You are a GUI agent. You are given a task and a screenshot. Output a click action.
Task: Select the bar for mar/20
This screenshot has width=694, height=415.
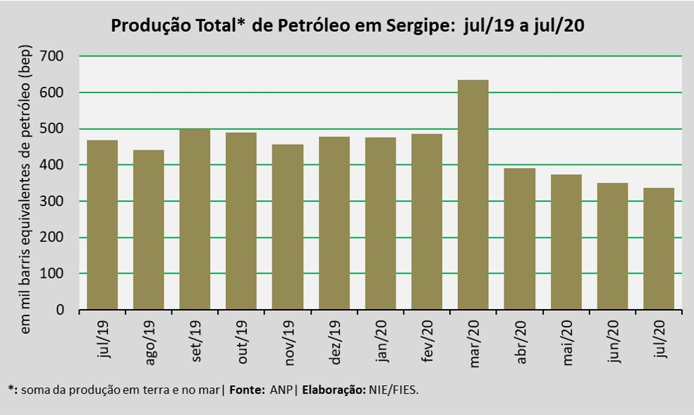click(473, 195)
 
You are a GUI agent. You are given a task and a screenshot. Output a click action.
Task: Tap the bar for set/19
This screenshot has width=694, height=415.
click(195, 219)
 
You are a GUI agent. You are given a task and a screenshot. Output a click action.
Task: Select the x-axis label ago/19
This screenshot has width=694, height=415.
click(150, 342)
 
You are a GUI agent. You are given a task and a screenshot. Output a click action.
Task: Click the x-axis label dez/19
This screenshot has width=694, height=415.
click(335, 342)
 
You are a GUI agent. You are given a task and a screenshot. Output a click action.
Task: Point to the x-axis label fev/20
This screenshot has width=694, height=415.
click(427, 342)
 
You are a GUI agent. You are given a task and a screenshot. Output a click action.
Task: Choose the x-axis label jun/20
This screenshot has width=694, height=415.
click(614, 342)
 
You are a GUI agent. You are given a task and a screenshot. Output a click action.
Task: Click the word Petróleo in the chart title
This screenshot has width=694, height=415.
click(312, 27)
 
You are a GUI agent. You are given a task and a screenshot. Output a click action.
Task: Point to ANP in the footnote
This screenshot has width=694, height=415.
click(279, 389)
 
